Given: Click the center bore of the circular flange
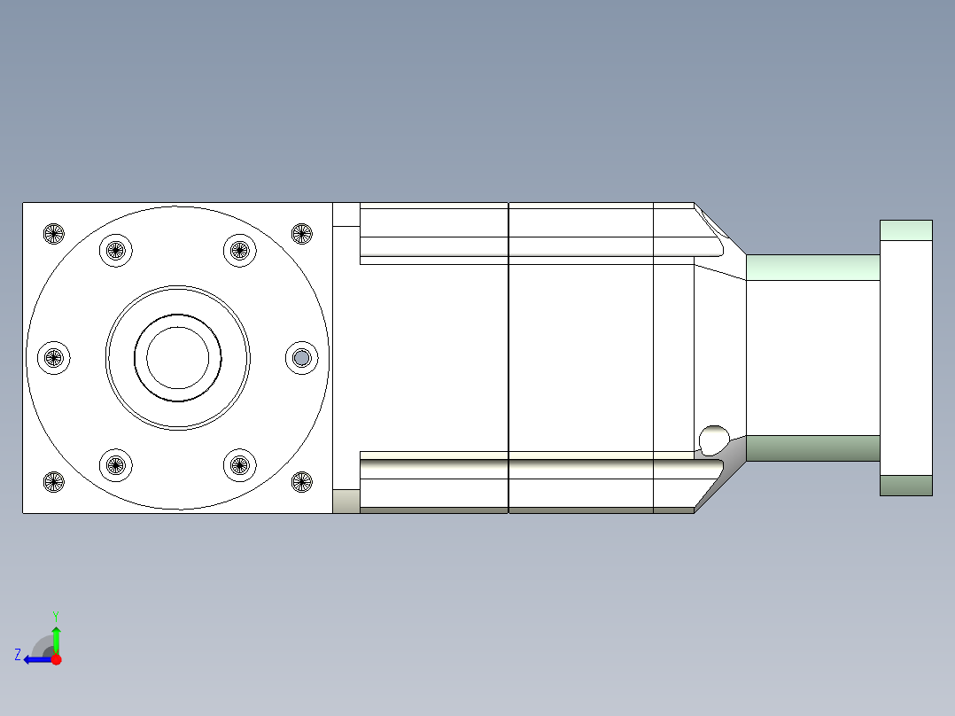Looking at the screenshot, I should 178,357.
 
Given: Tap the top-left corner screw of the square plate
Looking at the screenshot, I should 54,234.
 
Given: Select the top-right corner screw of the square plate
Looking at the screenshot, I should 302,234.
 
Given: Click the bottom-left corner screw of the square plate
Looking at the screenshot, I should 54,482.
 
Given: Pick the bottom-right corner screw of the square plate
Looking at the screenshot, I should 302,482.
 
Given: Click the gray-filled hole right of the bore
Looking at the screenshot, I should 302,358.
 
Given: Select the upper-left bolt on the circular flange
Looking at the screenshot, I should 115,250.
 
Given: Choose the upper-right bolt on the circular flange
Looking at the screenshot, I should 239,250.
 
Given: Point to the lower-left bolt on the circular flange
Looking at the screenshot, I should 115,463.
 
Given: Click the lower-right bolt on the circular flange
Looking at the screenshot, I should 239,463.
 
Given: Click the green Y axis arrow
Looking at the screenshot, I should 56,631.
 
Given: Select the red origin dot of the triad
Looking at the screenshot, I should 57,659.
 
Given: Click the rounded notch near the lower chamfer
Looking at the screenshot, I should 713,439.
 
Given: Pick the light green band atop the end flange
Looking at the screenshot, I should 905,230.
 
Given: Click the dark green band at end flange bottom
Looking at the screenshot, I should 905,486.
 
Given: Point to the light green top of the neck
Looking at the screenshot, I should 812,268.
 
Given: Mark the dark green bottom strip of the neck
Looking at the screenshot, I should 812,448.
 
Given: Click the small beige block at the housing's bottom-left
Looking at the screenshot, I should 346,502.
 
